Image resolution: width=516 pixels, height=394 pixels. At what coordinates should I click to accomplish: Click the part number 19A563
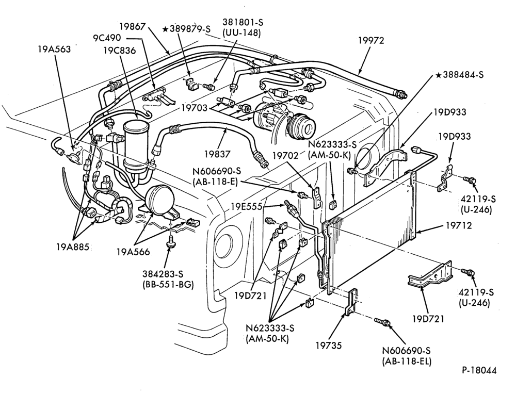point(54,50)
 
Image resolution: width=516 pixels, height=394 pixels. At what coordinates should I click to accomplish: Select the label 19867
point(132,26)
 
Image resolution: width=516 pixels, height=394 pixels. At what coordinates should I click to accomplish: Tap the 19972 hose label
point(371,40)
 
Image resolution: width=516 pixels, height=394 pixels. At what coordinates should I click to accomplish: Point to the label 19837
point(217,154)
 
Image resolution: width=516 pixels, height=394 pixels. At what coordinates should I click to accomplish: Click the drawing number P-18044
point(479,370)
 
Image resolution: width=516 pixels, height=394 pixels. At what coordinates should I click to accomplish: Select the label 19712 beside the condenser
point(459,225)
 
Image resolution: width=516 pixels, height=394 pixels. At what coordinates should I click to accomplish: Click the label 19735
point(329,346)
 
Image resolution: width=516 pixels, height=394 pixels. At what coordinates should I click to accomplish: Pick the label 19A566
point(133,252)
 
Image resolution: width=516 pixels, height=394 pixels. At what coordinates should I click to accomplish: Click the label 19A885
point(72,247)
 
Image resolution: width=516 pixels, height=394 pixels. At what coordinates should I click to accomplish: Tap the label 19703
point(195,108)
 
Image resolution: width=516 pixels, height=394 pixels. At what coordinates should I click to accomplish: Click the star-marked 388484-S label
point(460,75)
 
